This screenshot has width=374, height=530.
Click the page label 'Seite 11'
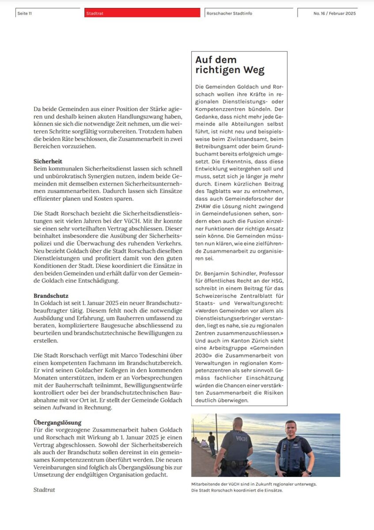click(25, 14)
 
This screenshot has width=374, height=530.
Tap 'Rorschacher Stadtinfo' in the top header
click(229, 14)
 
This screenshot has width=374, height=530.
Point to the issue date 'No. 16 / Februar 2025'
click(334, 14)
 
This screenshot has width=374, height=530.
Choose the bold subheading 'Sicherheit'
click(48, 162)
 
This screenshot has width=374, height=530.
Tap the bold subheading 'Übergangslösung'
click(57, 423)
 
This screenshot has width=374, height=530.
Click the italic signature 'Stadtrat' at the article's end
click(44, 489)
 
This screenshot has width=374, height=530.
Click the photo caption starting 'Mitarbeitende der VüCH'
click(254, 484)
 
